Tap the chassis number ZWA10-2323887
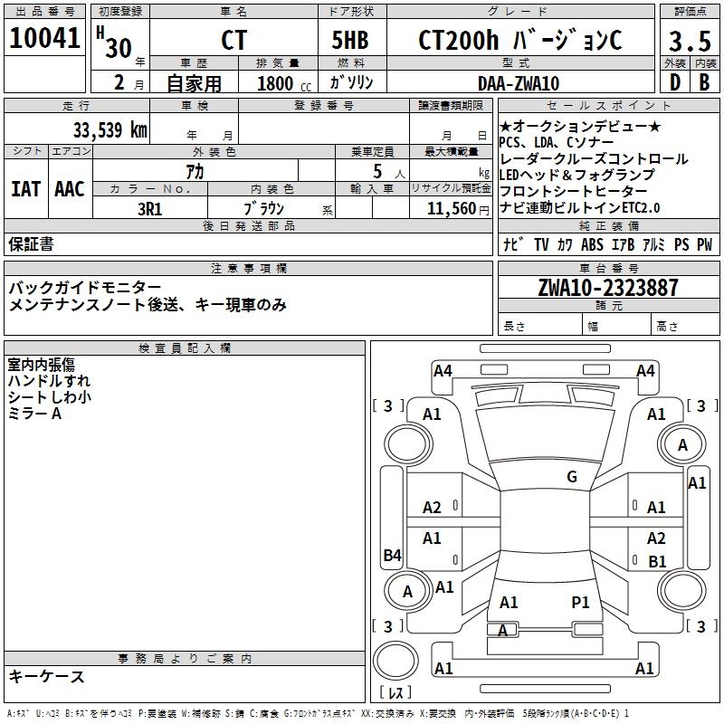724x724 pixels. point(607,289)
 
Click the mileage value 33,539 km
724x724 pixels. point(110,129)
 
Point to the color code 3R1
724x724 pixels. point(149,209)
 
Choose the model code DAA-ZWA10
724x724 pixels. point(519,83)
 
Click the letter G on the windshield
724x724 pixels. point(571,477)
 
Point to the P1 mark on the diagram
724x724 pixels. point(580,602)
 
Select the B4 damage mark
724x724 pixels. point(392,556)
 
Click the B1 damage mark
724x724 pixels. point(657,562)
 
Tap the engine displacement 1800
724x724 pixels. point(275,83)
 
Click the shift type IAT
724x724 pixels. point(25,189)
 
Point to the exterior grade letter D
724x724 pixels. point(674,83)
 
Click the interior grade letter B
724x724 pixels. point(704,83)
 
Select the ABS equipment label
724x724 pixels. point(592,244)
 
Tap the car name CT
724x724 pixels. point(233,42)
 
